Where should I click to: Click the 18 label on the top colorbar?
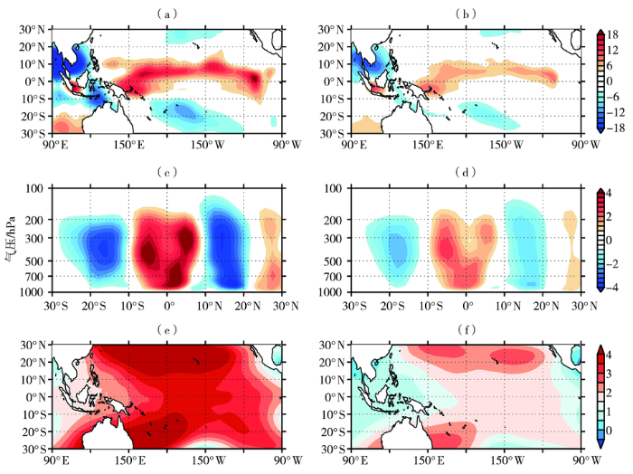click(612, 33)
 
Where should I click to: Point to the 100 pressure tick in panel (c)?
click(37, 188)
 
